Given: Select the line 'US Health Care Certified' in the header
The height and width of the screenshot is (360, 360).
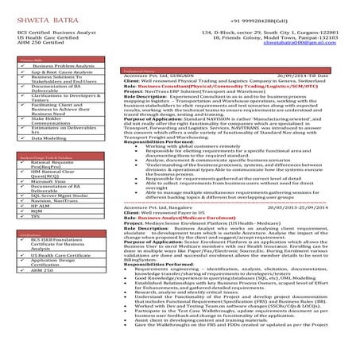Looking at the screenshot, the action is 34,35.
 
